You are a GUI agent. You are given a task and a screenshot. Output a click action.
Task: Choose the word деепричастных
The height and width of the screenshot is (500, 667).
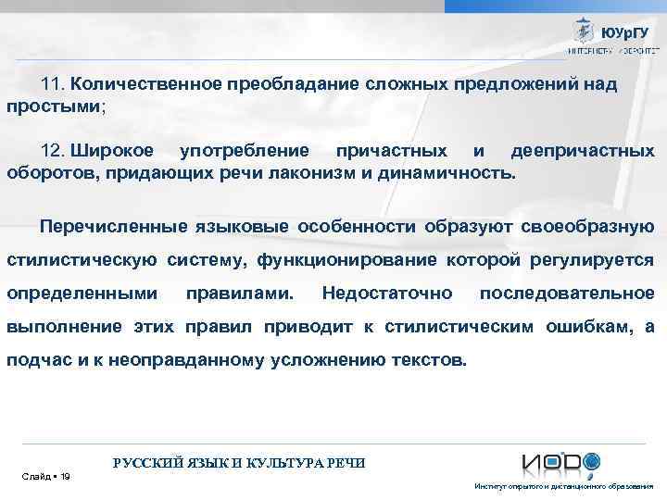pyautogui.click(x=583, y=151)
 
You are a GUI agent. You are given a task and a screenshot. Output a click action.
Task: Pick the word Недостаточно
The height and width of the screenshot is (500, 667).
pyautogui.click(x=387, y=294)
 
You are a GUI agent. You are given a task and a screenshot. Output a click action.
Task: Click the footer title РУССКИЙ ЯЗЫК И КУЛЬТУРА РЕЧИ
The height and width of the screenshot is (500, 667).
pyautogui.click(x=238, y=463)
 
